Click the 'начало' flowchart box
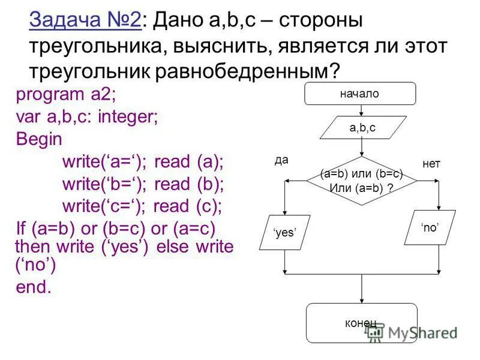coord(360,94)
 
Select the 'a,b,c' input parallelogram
coord(362,127)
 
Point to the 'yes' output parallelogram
coord(284,232)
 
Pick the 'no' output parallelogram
coord(429,227)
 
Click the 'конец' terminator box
coord(361,323)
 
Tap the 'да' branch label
coord(282,160)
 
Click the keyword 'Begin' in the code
coord(39,139)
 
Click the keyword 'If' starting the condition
coord(22,229)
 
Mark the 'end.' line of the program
coord(34,287)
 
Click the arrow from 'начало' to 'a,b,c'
coord(361,110)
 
